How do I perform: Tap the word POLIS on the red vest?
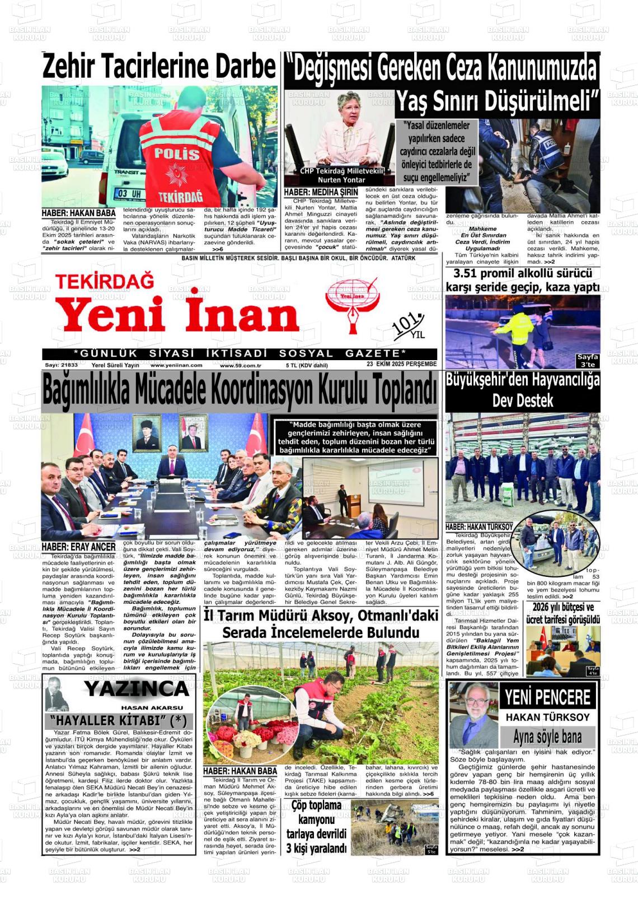click(x=177, y=153)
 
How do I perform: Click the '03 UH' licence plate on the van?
click(x=128, y=194)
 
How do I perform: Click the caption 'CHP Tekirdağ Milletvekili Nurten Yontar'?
click(x=341, y=175)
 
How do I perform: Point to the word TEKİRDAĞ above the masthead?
click(x=104, y=281)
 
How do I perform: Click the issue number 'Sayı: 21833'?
click(x=62, y=365)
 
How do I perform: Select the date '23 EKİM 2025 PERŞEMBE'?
click(x=401, y=364)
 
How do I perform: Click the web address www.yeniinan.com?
click(x=176, y=365)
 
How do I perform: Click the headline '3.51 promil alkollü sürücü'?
click(x=522, y=273)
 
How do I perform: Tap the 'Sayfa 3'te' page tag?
click(x=588, y=360)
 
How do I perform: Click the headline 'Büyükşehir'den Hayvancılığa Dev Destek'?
click(x=522, y=390)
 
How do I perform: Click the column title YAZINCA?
click(x=137, y=688)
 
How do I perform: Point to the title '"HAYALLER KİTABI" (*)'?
click(x=118, y=720)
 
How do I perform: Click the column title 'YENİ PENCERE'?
click(x=547, y=697)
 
